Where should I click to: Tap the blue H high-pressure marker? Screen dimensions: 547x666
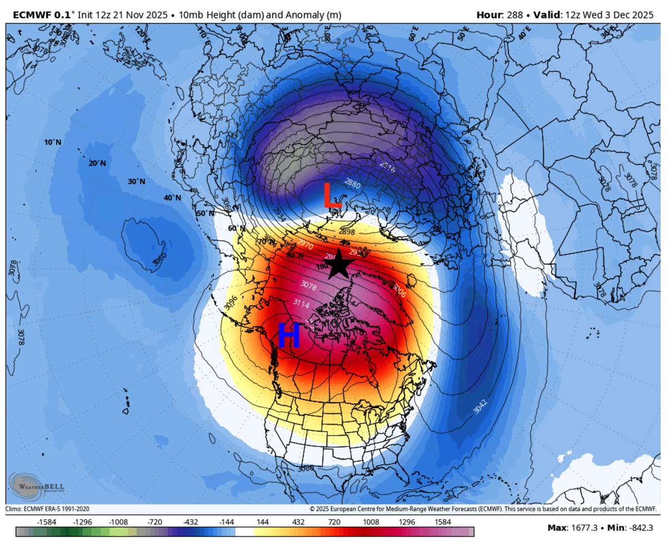[x=289, y=335]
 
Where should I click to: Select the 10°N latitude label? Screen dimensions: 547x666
[x=53, y=142]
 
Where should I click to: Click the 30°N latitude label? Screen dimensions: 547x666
[x=136, y=182]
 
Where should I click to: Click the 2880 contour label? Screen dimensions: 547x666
[x=353, y=182]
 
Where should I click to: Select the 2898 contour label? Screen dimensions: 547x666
[x=346, y=231]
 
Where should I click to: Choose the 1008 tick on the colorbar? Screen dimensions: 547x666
[x=371, y=522]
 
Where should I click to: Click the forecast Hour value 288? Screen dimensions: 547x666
[x=514, y=15]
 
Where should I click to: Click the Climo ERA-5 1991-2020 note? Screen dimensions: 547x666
[x=48, y=509]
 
